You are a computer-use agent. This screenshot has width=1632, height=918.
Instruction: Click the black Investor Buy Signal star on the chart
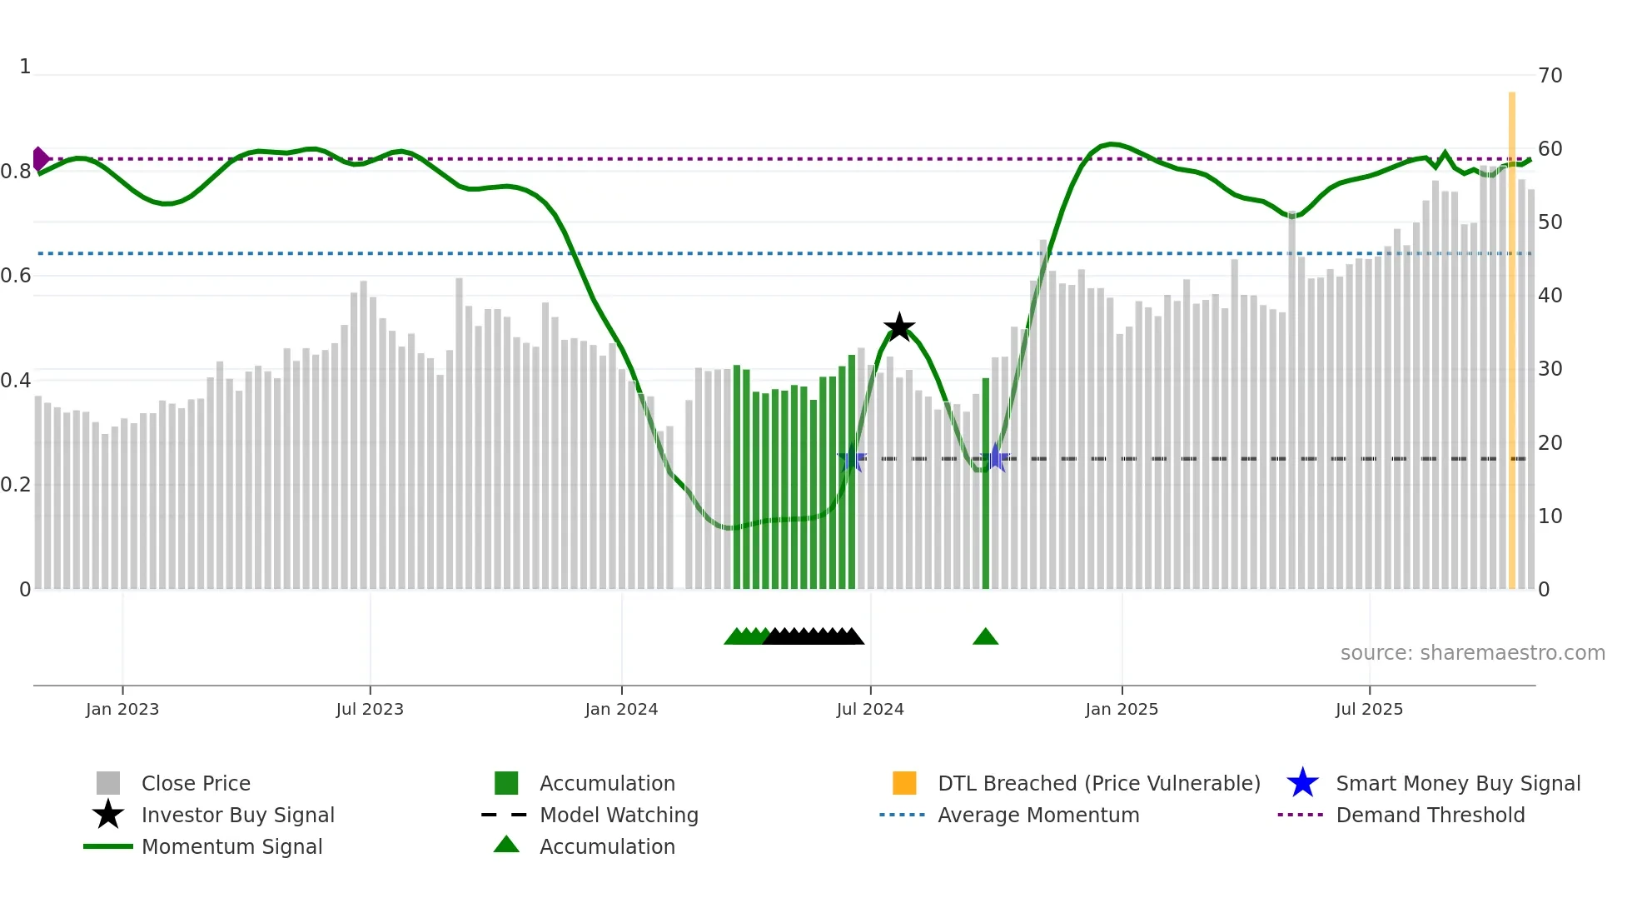[x=899, y=327]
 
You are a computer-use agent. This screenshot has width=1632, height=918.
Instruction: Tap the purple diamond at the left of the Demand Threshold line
[x=40, y=158]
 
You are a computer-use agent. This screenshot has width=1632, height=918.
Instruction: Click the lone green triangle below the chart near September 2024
[x=985, y=637]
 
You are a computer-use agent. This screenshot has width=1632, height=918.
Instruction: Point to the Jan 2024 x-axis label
[x=621, y=709]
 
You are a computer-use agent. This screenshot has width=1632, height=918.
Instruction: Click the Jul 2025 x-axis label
[x=1369, y=709]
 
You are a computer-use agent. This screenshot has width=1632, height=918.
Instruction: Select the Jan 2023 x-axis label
[x=122, y=709]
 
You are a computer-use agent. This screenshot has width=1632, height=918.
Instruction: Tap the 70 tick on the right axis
[x=1550, y=76]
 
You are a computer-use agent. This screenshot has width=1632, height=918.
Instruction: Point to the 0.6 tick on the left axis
[x=16, y=276]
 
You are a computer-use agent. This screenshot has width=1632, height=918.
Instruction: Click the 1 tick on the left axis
[x=25, y=67]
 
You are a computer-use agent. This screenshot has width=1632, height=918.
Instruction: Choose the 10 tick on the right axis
[x=1550, y=516]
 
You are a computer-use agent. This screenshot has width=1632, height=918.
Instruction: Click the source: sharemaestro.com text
[x=1472, y=653]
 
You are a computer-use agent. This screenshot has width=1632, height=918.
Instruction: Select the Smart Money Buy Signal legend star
[x=1302, y=783]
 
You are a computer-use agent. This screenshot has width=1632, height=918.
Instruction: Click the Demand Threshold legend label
[x=1430, y=815]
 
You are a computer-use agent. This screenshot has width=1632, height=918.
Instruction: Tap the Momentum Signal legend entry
[x=231, y=846]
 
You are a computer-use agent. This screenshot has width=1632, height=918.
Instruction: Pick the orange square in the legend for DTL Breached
[x=904, y=783]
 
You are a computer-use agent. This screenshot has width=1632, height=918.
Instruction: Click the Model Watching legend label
[x=619, y=815]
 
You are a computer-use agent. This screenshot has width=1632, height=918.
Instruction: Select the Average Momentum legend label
[x=1038, y=815]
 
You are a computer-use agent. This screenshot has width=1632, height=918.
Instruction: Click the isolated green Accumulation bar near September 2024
[x=986, y=483]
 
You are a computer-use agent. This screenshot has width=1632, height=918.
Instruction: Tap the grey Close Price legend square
[x=108, y=783]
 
